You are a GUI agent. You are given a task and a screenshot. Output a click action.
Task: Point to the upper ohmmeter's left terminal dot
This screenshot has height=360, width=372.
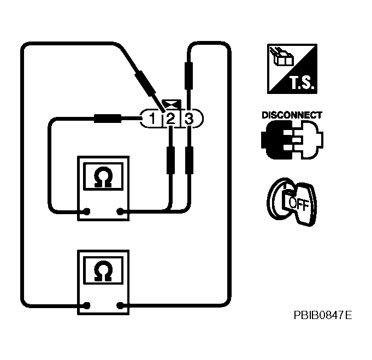click(86, 211)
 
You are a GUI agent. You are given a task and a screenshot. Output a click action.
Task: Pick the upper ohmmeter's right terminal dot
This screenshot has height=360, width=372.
click(120, 211)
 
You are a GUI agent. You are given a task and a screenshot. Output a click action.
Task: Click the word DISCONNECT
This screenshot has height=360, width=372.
click(292, 115)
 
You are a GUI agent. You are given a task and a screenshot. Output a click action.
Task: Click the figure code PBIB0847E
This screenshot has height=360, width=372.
click(322, 315)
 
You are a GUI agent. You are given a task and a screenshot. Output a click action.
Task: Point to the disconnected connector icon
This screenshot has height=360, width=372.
click(292, 140)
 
